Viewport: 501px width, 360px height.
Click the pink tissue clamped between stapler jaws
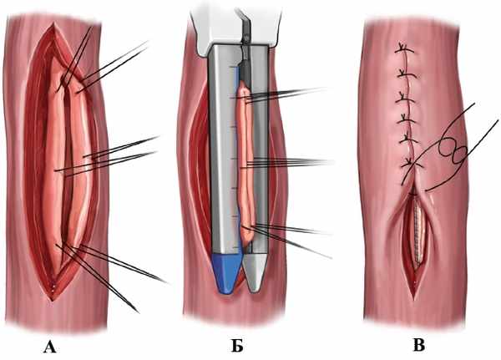point(243,159)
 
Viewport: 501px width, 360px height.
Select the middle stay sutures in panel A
point(117,155)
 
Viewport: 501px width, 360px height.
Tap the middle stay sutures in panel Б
point(292,161)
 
